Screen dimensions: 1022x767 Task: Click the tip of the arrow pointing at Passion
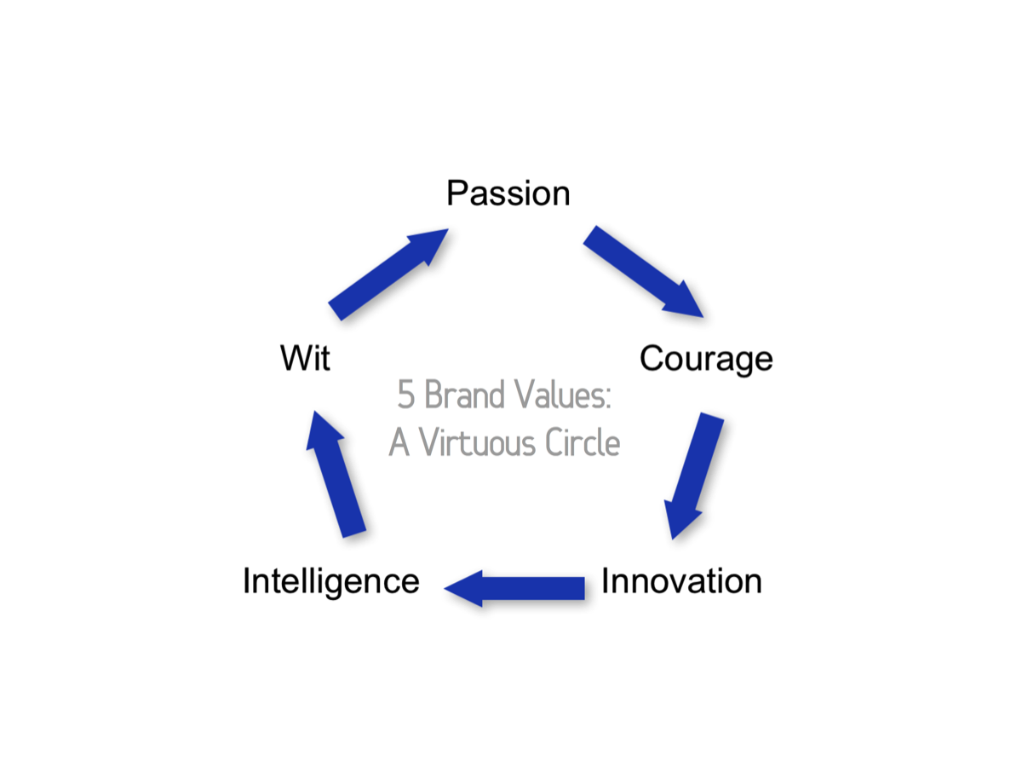tap(448, 228)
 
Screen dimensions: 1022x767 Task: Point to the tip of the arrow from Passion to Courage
tap(703, 317)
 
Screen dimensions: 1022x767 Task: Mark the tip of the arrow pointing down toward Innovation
tap(673, 539)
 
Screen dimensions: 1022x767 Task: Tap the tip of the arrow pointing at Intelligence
tap(444, 588)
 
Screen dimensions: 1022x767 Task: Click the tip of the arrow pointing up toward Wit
tap(314, 411)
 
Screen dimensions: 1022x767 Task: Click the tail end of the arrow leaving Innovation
tap(585, 588)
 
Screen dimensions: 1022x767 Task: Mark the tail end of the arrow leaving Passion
tap(589, 235)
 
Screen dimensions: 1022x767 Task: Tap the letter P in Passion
tap(456, 193)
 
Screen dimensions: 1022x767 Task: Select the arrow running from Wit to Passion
tap(388, 274)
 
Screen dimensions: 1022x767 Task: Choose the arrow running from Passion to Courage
tap(643, 272)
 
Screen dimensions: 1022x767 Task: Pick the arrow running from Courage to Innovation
tap(694, 476)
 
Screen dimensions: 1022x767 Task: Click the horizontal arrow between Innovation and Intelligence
tap(514, 588)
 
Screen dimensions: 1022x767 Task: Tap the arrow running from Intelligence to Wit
tap(336, 474)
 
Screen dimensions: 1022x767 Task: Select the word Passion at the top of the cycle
tap(508, 193)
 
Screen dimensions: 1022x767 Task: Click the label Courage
tap(706, 359)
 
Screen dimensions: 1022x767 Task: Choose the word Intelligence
tap(331, 582)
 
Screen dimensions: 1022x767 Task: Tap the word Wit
tap(306, 358)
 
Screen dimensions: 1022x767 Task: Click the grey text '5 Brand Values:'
tap(504, 394)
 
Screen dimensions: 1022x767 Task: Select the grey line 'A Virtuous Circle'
tap(504, 442)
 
